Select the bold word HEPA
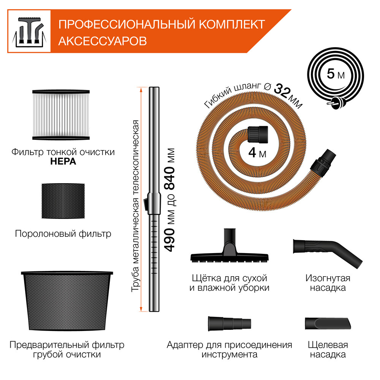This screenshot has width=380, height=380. [x=63, y=161]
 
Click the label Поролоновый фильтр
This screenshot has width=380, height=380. [x=63, y=233]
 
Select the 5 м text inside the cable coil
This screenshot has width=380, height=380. [x=336, y=73]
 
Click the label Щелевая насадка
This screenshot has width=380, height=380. [x=327, y=350]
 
